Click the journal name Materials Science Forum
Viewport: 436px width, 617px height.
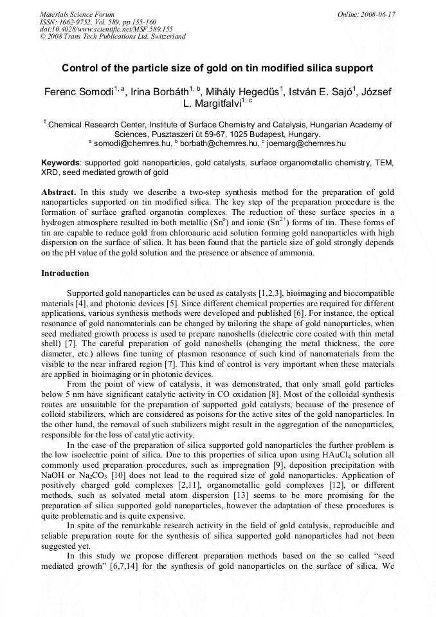[77, 14]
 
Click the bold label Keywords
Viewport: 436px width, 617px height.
[61, 163]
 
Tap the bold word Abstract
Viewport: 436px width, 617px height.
[59, 192]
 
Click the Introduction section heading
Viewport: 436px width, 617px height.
[65, 273]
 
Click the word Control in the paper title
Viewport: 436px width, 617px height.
[80, 68]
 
